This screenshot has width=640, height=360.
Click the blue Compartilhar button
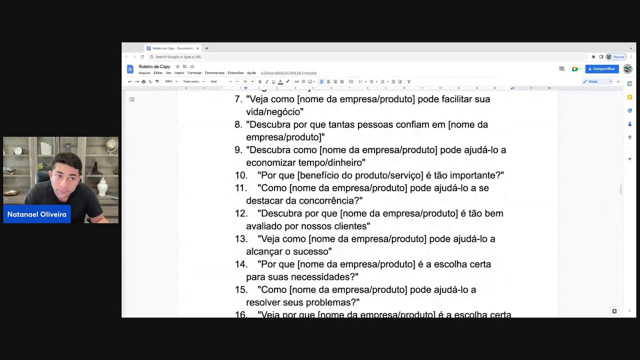click(601, 69)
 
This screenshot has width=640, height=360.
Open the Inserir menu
click(179, 73)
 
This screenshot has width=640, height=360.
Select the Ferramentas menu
click(214, 73)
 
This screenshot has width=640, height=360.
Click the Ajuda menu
click(251, 73)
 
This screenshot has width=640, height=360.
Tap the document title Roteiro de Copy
click(154, 66)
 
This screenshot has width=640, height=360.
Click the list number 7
click(238, 99)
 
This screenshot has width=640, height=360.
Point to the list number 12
click(241, 213)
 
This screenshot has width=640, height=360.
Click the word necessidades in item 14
click(326, 277)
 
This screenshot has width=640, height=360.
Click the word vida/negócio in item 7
click(274, 112)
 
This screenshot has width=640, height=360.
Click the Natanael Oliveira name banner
click(37, 214)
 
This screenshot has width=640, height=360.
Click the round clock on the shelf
click(18, 150)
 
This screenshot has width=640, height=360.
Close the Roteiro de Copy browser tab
click(197, 48)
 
